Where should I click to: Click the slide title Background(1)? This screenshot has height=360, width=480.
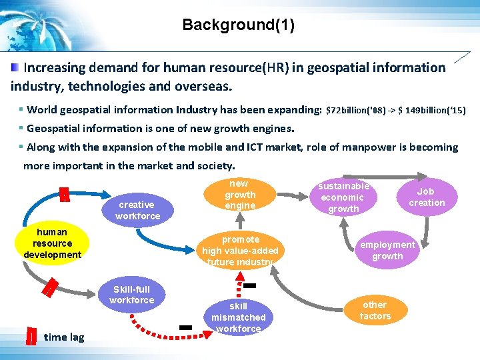point(238,26)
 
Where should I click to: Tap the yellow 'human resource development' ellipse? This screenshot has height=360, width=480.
point(52,243)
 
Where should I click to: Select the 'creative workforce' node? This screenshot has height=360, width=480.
point(137,210)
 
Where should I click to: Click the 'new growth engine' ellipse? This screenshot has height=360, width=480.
point(239,195)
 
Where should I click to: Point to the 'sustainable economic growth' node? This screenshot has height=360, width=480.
point(343,197)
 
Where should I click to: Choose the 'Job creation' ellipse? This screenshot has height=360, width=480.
point(426,197)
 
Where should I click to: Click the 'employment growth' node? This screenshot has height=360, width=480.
point(387,250)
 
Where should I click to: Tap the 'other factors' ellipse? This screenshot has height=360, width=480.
point(375,310)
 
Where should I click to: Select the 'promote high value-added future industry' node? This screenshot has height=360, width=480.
point(240,250)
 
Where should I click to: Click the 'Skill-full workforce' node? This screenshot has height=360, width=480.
point(131,295)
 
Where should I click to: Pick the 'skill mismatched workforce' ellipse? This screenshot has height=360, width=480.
point(238,317)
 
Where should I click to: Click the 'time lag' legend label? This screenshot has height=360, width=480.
point(64,337)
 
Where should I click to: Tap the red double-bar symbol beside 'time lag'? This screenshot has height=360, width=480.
point(30,337)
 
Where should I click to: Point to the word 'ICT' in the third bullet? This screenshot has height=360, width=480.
point(257,147)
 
